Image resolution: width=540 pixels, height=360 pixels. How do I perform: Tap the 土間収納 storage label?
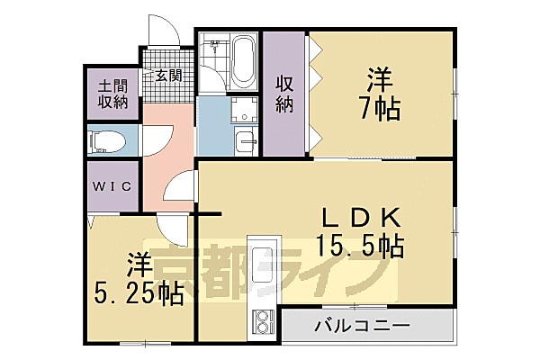pyautogui.click(x=113, y=93)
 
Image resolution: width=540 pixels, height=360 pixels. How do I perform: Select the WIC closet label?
pyautogui.click(x=113, y=186)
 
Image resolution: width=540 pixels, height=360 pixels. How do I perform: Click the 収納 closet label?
pyautogui.click(x=284, y=93)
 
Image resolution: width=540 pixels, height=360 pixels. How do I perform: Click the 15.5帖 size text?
pyautogui.click(x=358, y=245)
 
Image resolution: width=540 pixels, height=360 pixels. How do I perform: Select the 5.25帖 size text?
pyautogui.click(x=139, y=292)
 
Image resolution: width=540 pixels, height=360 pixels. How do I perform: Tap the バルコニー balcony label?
pyautogui.click(x=362, y=325)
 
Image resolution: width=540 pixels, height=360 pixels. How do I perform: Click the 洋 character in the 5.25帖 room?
pyautogui.click(x=138, y=266)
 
